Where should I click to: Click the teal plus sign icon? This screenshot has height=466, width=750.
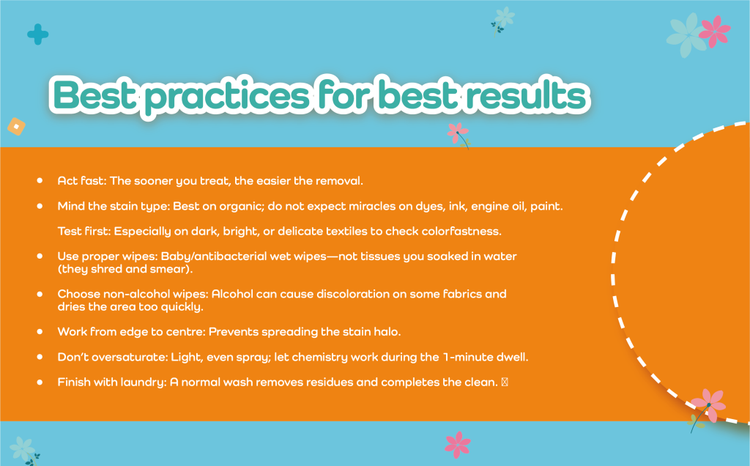click(x=38, y=34)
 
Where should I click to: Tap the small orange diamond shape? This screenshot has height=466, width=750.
click(x=16, y=127)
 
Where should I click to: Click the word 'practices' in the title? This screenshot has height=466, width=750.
click(x=228, y=96)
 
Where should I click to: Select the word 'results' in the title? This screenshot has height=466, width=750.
click(x=526, y=94)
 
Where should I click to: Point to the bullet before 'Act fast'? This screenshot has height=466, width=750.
click(x=40, y=180)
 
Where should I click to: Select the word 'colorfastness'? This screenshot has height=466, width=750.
click(x=462, y=231)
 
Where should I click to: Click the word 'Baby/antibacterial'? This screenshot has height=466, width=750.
click(x=214, y=256)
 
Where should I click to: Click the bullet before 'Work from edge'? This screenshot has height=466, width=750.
click(x=40, y=332)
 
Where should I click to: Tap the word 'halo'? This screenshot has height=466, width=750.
click(x=387, y=332)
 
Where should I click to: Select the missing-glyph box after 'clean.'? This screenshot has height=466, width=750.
click(x=505, y=382)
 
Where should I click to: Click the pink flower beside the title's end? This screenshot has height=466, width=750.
click(x=457, y=133)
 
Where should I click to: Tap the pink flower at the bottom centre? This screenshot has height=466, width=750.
click(x=458, y=445)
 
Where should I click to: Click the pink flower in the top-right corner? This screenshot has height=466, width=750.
click(x=715, y=32)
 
